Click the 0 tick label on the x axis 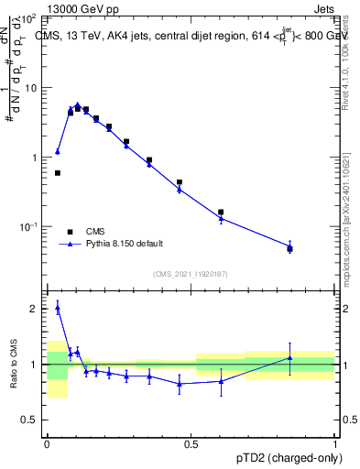pyautogui.click(x=47, y=444)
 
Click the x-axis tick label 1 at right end pyautogui.click(x=335, y=444)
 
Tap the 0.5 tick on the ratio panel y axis pyautogui.click(x=32, y=420)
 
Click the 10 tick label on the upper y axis pyautogui.click(x=31, y=88)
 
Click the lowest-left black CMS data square pyautogui.click(x=57, y=172)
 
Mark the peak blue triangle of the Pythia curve pyautogui.click(x=78, y=104)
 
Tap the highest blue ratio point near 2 pyautogui.click(x=57, y=309)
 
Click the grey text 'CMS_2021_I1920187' pyautogui.click(x=191, y=274)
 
